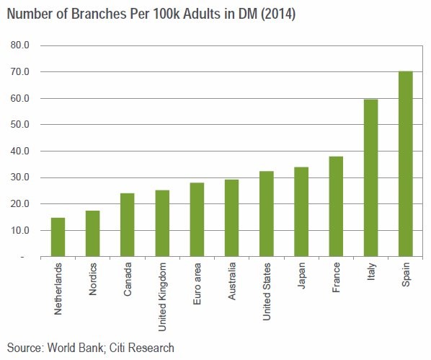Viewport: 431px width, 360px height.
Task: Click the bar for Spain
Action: coord(405,164)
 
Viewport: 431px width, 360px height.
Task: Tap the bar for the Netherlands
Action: coord(58,237)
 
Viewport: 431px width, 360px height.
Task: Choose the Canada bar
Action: coord(128,225)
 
